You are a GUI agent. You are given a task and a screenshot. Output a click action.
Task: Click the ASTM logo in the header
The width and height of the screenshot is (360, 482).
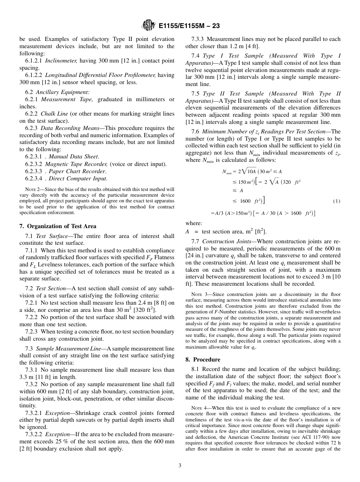[148, 26]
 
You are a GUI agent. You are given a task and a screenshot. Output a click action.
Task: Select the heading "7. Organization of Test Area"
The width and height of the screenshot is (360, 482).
[58, 226]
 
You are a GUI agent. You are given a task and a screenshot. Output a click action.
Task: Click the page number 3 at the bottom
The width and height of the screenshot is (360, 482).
[180, 465]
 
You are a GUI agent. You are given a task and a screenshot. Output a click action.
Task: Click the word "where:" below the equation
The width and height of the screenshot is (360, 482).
[194, 224]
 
